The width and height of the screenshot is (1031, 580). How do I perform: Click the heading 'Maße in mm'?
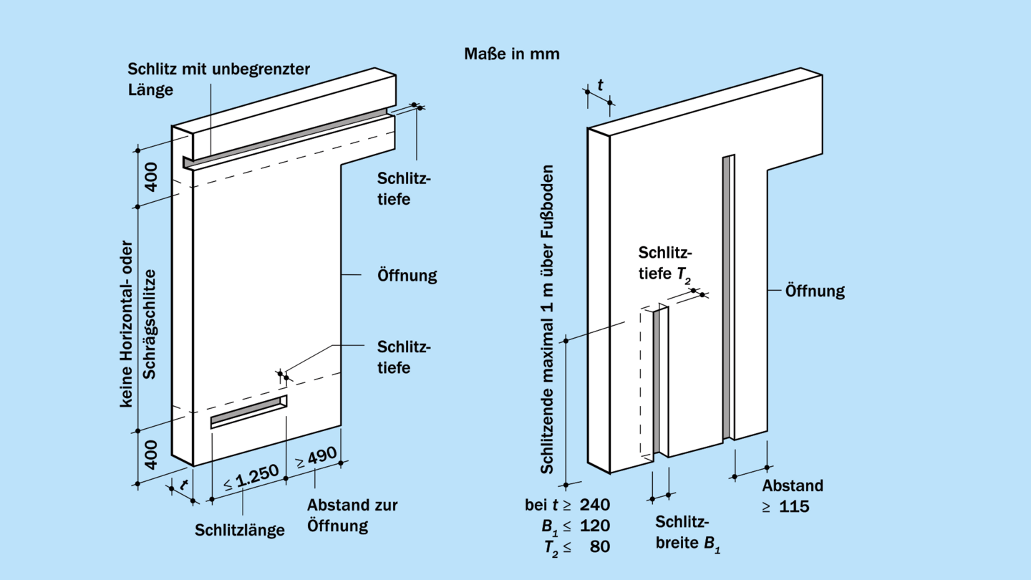[511, 54]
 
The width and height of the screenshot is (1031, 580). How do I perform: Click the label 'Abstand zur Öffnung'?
[352, 515]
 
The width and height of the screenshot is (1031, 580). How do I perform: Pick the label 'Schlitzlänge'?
[240, 531]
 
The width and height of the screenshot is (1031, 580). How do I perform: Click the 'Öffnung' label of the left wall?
[407, 275]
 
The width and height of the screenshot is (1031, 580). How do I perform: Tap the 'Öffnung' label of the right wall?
[815, 291]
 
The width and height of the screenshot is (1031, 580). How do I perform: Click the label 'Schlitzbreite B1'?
[687, 533]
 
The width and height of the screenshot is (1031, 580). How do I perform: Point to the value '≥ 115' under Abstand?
[785, 507]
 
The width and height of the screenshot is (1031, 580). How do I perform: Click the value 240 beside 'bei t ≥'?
[595, 504]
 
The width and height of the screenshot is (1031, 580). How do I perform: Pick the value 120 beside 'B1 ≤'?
[595, 526]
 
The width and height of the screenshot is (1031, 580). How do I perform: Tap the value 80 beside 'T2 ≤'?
[600, 547]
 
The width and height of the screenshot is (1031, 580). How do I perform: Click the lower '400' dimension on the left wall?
[152, 454]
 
